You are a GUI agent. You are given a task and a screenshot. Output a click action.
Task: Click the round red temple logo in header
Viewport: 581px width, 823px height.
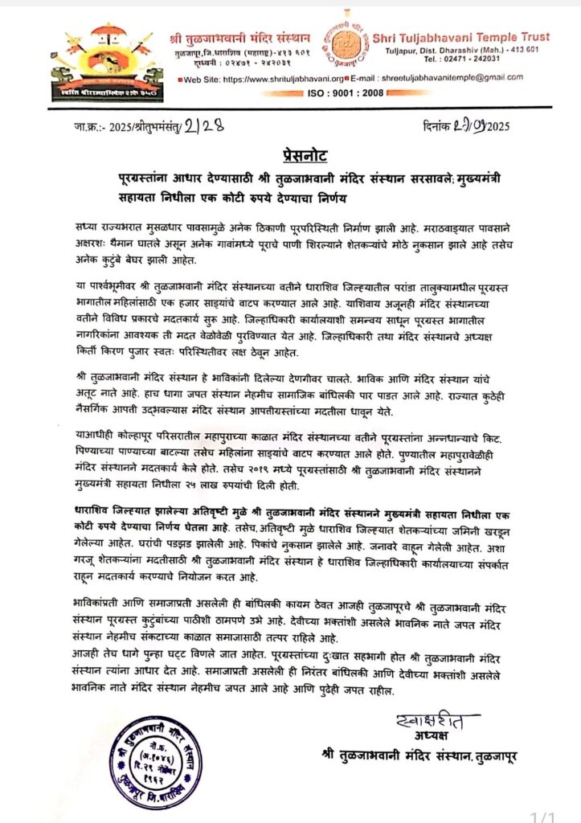point(340,45)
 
